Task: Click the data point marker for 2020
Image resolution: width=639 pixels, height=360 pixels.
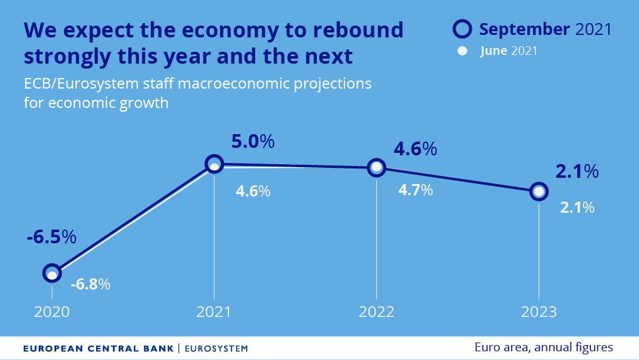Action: (52, 273)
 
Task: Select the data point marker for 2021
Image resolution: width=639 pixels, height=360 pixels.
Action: (214, 164)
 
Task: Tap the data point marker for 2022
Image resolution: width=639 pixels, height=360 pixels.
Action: (376, 167)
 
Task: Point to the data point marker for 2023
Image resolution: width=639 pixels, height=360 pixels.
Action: (539, 192)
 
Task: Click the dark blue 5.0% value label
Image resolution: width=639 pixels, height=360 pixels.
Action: (253, 142)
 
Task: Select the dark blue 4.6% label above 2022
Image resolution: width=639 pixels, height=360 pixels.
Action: (415, 150)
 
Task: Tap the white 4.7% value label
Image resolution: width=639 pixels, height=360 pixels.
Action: (416, 190)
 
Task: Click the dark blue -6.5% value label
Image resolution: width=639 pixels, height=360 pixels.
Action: (51, 237)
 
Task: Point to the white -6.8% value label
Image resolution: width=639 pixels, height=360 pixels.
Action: (90, 285)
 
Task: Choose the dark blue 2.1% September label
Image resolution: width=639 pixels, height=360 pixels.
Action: (577, 172)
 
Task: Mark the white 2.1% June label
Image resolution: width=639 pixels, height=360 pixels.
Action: (577, 208)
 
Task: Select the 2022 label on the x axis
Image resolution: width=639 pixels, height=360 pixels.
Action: (376, 312)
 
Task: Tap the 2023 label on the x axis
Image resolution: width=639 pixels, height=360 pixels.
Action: (539, 312)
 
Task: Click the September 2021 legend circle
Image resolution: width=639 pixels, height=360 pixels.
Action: (462, 29)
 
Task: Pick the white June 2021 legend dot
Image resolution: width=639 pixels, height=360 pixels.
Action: (462, 52)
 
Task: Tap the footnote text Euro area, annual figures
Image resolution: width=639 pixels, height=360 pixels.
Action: (544, 348)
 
